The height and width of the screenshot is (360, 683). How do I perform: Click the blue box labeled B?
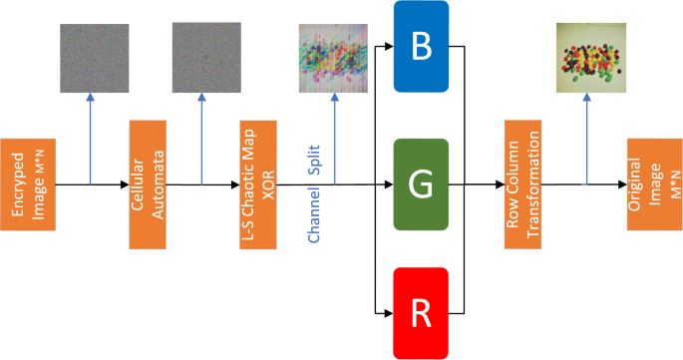[421, 47]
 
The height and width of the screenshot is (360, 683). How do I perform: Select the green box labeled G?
[421, 184]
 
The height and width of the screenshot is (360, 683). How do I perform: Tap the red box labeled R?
[421, 313]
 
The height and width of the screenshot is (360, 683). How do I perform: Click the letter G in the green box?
[421, 184]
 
